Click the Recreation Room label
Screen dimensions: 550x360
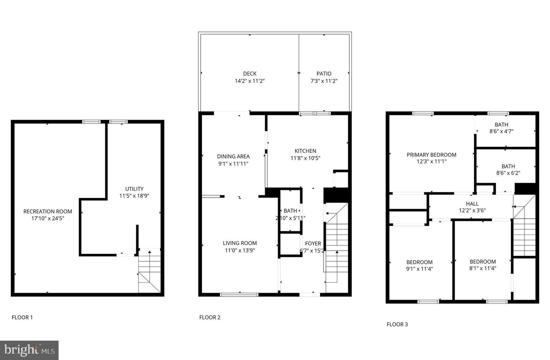(48, 211)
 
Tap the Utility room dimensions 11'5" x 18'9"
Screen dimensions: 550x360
(134, 196)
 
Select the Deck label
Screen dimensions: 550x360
(250, 73)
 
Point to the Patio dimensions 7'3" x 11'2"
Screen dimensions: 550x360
(324, 81)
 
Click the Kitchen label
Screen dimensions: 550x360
(306, 151)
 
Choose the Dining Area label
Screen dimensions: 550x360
(233, 156)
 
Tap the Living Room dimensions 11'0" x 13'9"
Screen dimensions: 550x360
(240, 250)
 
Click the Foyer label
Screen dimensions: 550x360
(313, 243)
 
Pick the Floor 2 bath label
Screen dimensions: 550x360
(290, 211)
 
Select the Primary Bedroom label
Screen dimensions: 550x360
(432, 155)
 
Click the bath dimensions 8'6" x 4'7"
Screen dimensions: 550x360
(501, 131)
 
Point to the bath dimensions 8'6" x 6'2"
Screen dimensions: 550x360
(508, 173)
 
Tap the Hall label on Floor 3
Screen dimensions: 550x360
(472, 204)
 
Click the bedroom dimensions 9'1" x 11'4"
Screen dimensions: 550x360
(419, 269)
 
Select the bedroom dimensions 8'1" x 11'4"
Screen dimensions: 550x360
(483, 268)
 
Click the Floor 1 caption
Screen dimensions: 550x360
(22, 317)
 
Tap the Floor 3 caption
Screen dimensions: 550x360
(397, 324)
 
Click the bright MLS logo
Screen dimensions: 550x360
(29, 350)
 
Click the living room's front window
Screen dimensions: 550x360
(239, 295)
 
